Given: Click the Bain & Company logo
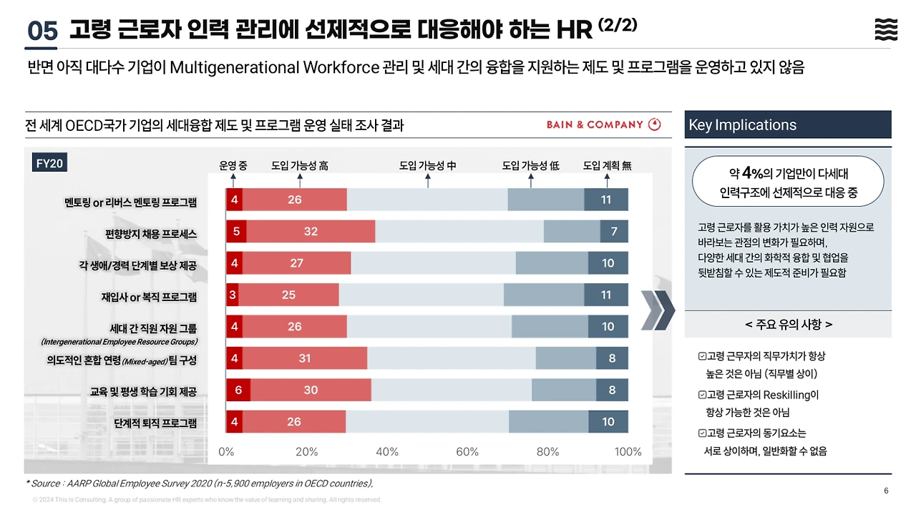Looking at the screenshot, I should pyautogui.click(x=603, y=124).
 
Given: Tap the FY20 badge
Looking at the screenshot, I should pyautogui.click(x=50, y=164).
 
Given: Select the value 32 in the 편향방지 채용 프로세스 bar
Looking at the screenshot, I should pyautogui.click(x=310, y=231).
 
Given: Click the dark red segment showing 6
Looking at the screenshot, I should pyautogui.click(x=238, y=390).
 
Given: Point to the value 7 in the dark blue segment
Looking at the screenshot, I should pyautogui.click(x=613, y=231).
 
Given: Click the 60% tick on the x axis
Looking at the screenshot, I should pyautogui.click(x=467, y=452).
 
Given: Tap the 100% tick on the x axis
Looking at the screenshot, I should pyautogui.click(x=628, y=452).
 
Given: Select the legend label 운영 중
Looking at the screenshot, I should pyautogui.click(x=233, y=166).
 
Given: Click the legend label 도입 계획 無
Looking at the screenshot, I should pyautogui.click(x=607, y=166).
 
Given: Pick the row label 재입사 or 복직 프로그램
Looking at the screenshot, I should pyautogui.click(x=149, y=297).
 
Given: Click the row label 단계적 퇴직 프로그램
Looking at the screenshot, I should pyautogui.click(x=155, y=423).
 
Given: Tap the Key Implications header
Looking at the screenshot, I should pyautogui.click(x=742, y=125).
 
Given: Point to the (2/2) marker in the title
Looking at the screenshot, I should pyautogui.click(x=617, y=26).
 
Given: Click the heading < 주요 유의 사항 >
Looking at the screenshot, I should pyautogui.click(x=788, y=325).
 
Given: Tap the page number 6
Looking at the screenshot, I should pyautogui.click(x=886, y=491).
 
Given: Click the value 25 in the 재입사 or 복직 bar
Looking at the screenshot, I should pyautogui.click(x=288, y=294).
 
